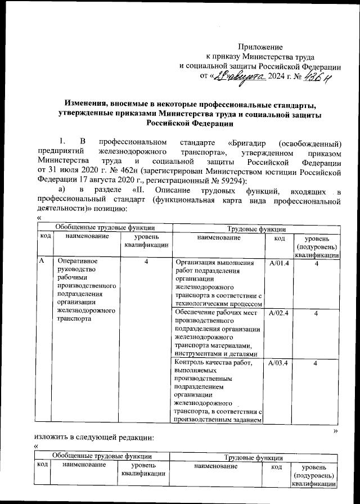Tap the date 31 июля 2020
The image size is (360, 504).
click(71, 169)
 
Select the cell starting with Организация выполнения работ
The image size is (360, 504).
click(218, 282)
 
